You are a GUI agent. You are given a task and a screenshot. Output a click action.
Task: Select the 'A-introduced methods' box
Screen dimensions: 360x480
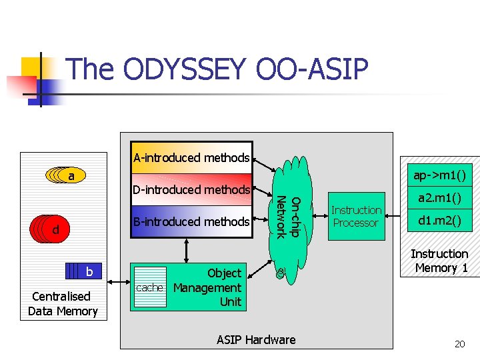pyautogui.click(x=191, y=158)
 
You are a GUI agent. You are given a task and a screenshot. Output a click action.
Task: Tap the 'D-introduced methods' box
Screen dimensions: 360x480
pyautogui.click(x=191, y=190)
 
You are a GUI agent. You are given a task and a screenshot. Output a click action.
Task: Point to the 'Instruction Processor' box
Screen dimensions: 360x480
pyautogui.click(x=356, y=217)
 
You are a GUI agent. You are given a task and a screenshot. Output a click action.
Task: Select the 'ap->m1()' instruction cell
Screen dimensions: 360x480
pyautogui.click(x=439, y=175)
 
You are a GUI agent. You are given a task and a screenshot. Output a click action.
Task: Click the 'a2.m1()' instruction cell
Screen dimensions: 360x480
pyautogui.click(x=439, y=199)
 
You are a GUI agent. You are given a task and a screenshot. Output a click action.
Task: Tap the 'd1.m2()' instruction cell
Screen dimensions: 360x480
pyautogui.click(x=439, y=221)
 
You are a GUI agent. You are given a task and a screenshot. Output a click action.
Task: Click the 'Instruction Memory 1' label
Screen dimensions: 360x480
pyautogui.click(x=439, y=261)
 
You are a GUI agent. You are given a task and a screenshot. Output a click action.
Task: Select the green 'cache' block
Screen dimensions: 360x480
pyautogui.click(x=149, y=287)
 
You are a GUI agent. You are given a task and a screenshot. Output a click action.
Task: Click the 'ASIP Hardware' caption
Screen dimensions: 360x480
pyautogui.click(x=256, y=339)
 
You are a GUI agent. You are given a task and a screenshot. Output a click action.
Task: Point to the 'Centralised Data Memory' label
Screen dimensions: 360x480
pyautogui.click(x=63, y=303)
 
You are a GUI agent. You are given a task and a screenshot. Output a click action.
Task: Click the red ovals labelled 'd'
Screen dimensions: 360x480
pyautogui.click(x=50, y=229)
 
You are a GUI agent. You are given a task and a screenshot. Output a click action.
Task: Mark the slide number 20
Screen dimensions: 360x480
pyautogui.click(x=459, y=344)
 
